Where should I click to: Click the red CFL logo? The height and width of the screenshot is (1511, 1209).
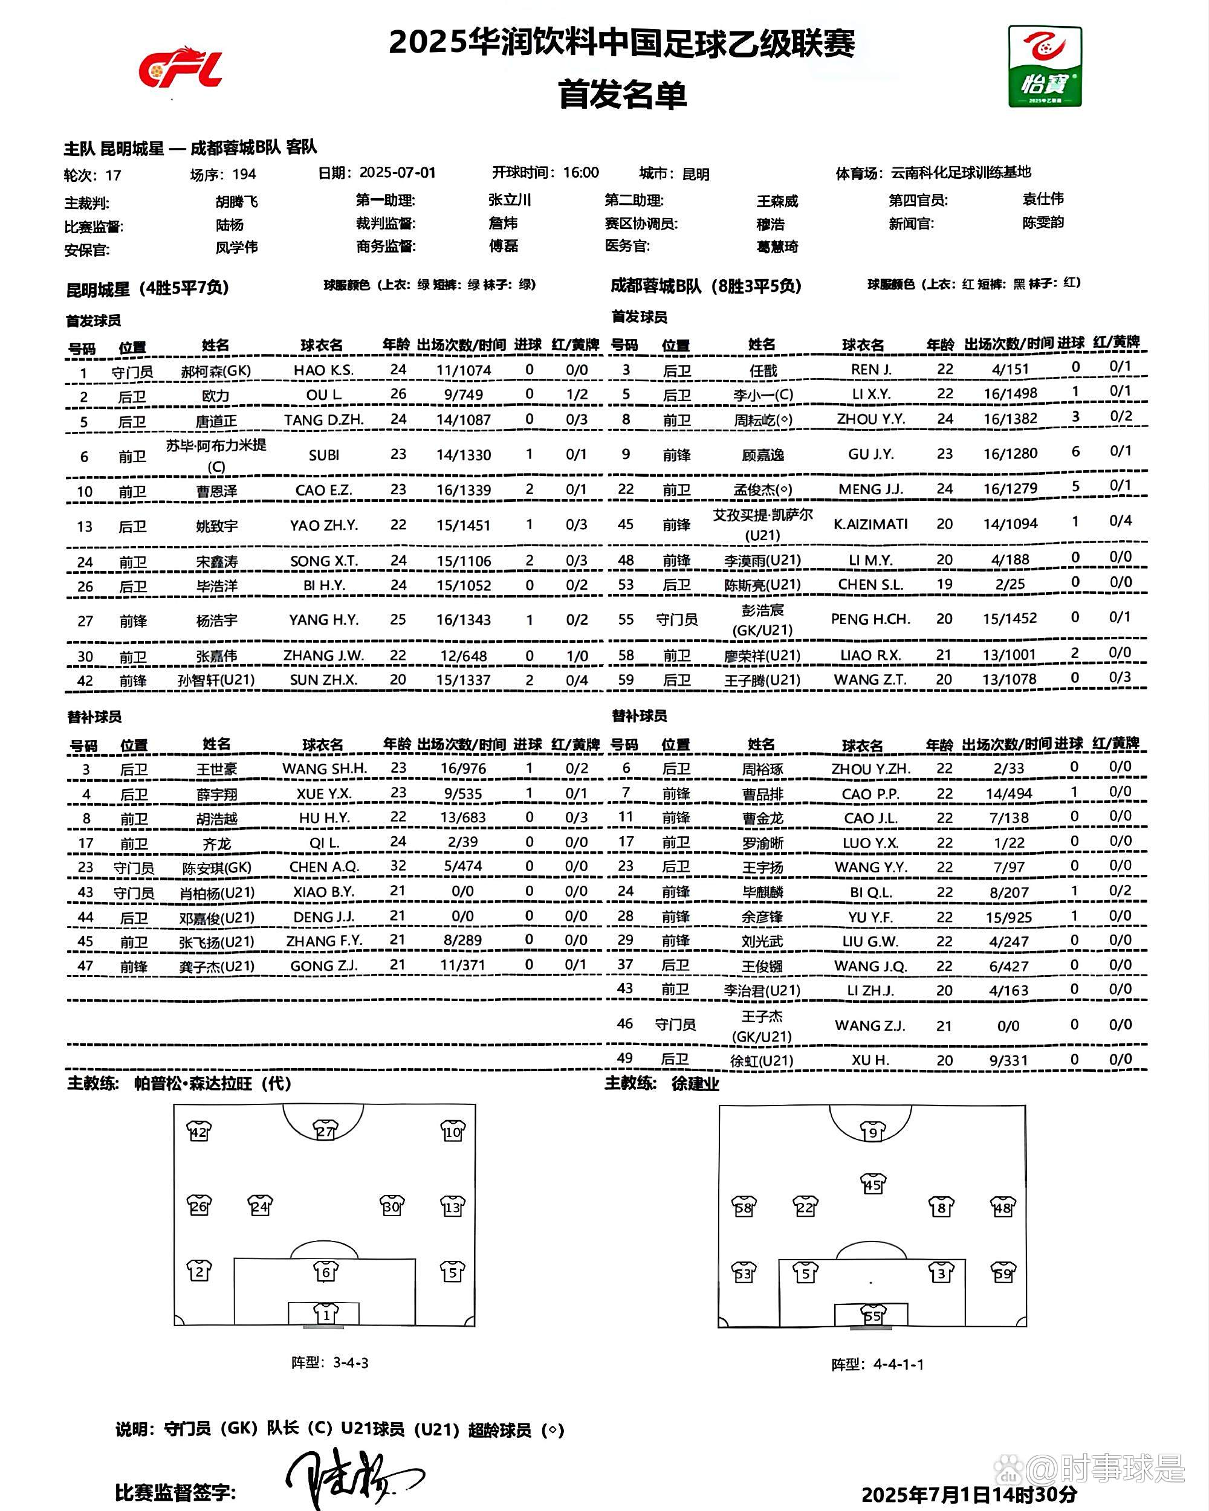[x=180, y=68]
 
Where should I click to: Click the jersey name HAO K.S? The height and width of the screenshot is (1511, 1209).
[x=323, y=370]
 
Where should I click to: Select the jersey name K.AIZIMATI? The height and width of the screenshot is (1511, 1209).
[x=870, y=524]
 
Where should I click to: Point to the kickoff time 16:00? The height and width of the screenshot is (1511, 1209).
[x=581, y=172]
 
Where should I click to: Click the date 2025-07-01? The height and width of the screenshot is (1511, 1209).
[x=397, y=172]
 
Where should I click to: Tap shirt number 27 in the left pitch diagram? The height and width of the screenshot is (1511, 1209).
[x=325, y=1132]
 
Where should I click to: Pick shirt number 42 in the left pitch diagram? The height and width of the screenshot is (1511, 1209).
[x=199, y=1132]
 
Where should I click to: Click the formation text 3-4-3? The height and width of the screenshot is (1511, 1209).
[x=351, y=1362]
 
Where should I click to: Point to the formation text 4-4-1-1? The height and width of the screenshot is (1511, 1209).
[x=898, y=1364]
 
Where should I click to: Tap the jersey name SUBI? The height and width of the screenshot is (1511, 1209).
[x=324, y=455]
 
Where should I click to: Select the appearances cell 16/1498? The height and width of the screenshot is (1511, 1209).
[x=1010, y=393]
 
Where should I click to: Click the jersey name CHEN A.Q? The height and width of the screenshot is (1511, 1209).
[x=324, y=867]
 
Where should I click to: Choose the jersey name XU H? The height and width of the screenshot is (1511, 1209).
[x=870, y=1060]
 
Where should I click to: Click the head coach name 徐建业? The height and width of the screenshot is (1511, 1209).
[x=695, y=1083]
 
